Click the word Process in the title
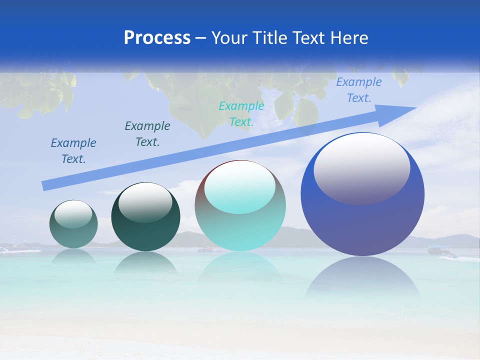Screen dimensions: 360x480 coord(157,38)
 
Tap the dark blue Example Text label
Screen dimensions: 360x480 coord(73,151)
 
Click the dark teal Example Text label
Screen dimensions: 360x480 coord(147,134)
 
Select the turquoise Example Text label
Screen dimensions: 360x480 coord(241,114)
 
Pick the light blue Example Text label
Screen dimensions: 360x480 coord(358,90)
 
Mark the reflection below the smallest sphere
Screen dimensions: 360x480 coord(73,255)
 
